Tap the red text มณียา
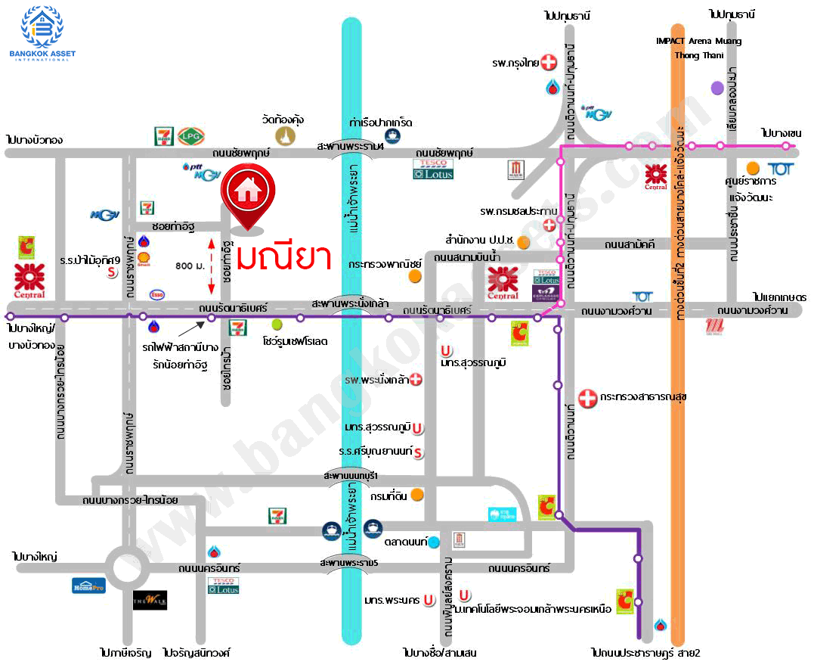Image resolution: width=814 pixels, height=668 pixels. tap(284, 257)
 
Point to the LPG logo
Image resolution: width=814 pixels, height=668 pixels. tap(189, 136)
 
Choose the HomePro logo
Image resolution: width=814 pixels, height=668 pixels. tap(88, 585)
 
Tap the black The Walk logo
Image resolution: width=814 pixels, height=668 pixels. tap(150, 600)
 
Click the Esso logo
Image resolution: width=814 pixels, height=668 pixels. tap(157, 294)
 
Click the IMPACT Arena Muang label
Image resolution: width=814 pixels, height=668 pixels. tap(698, 41)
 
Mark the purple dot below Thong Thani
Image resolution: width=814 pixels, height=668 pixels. tap(717, 88)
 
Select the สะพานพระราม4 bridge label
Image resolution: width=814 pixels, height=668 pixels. tap(351, 146)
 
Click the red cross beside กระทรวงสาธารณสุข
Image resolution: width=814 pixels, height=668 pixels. tap(587, 397)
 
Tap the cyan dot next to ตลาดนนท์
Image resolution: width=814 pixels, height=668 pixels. tap(434, 542)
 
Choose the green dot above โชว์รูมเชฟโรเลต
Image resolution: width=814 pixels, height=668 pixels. tap(277, 325)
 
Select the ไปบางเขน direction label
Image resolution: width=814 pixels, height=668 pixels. tap(781, 133)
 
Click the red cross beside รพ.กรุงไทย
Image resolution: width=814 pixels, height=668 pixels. tap(551, 63)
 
